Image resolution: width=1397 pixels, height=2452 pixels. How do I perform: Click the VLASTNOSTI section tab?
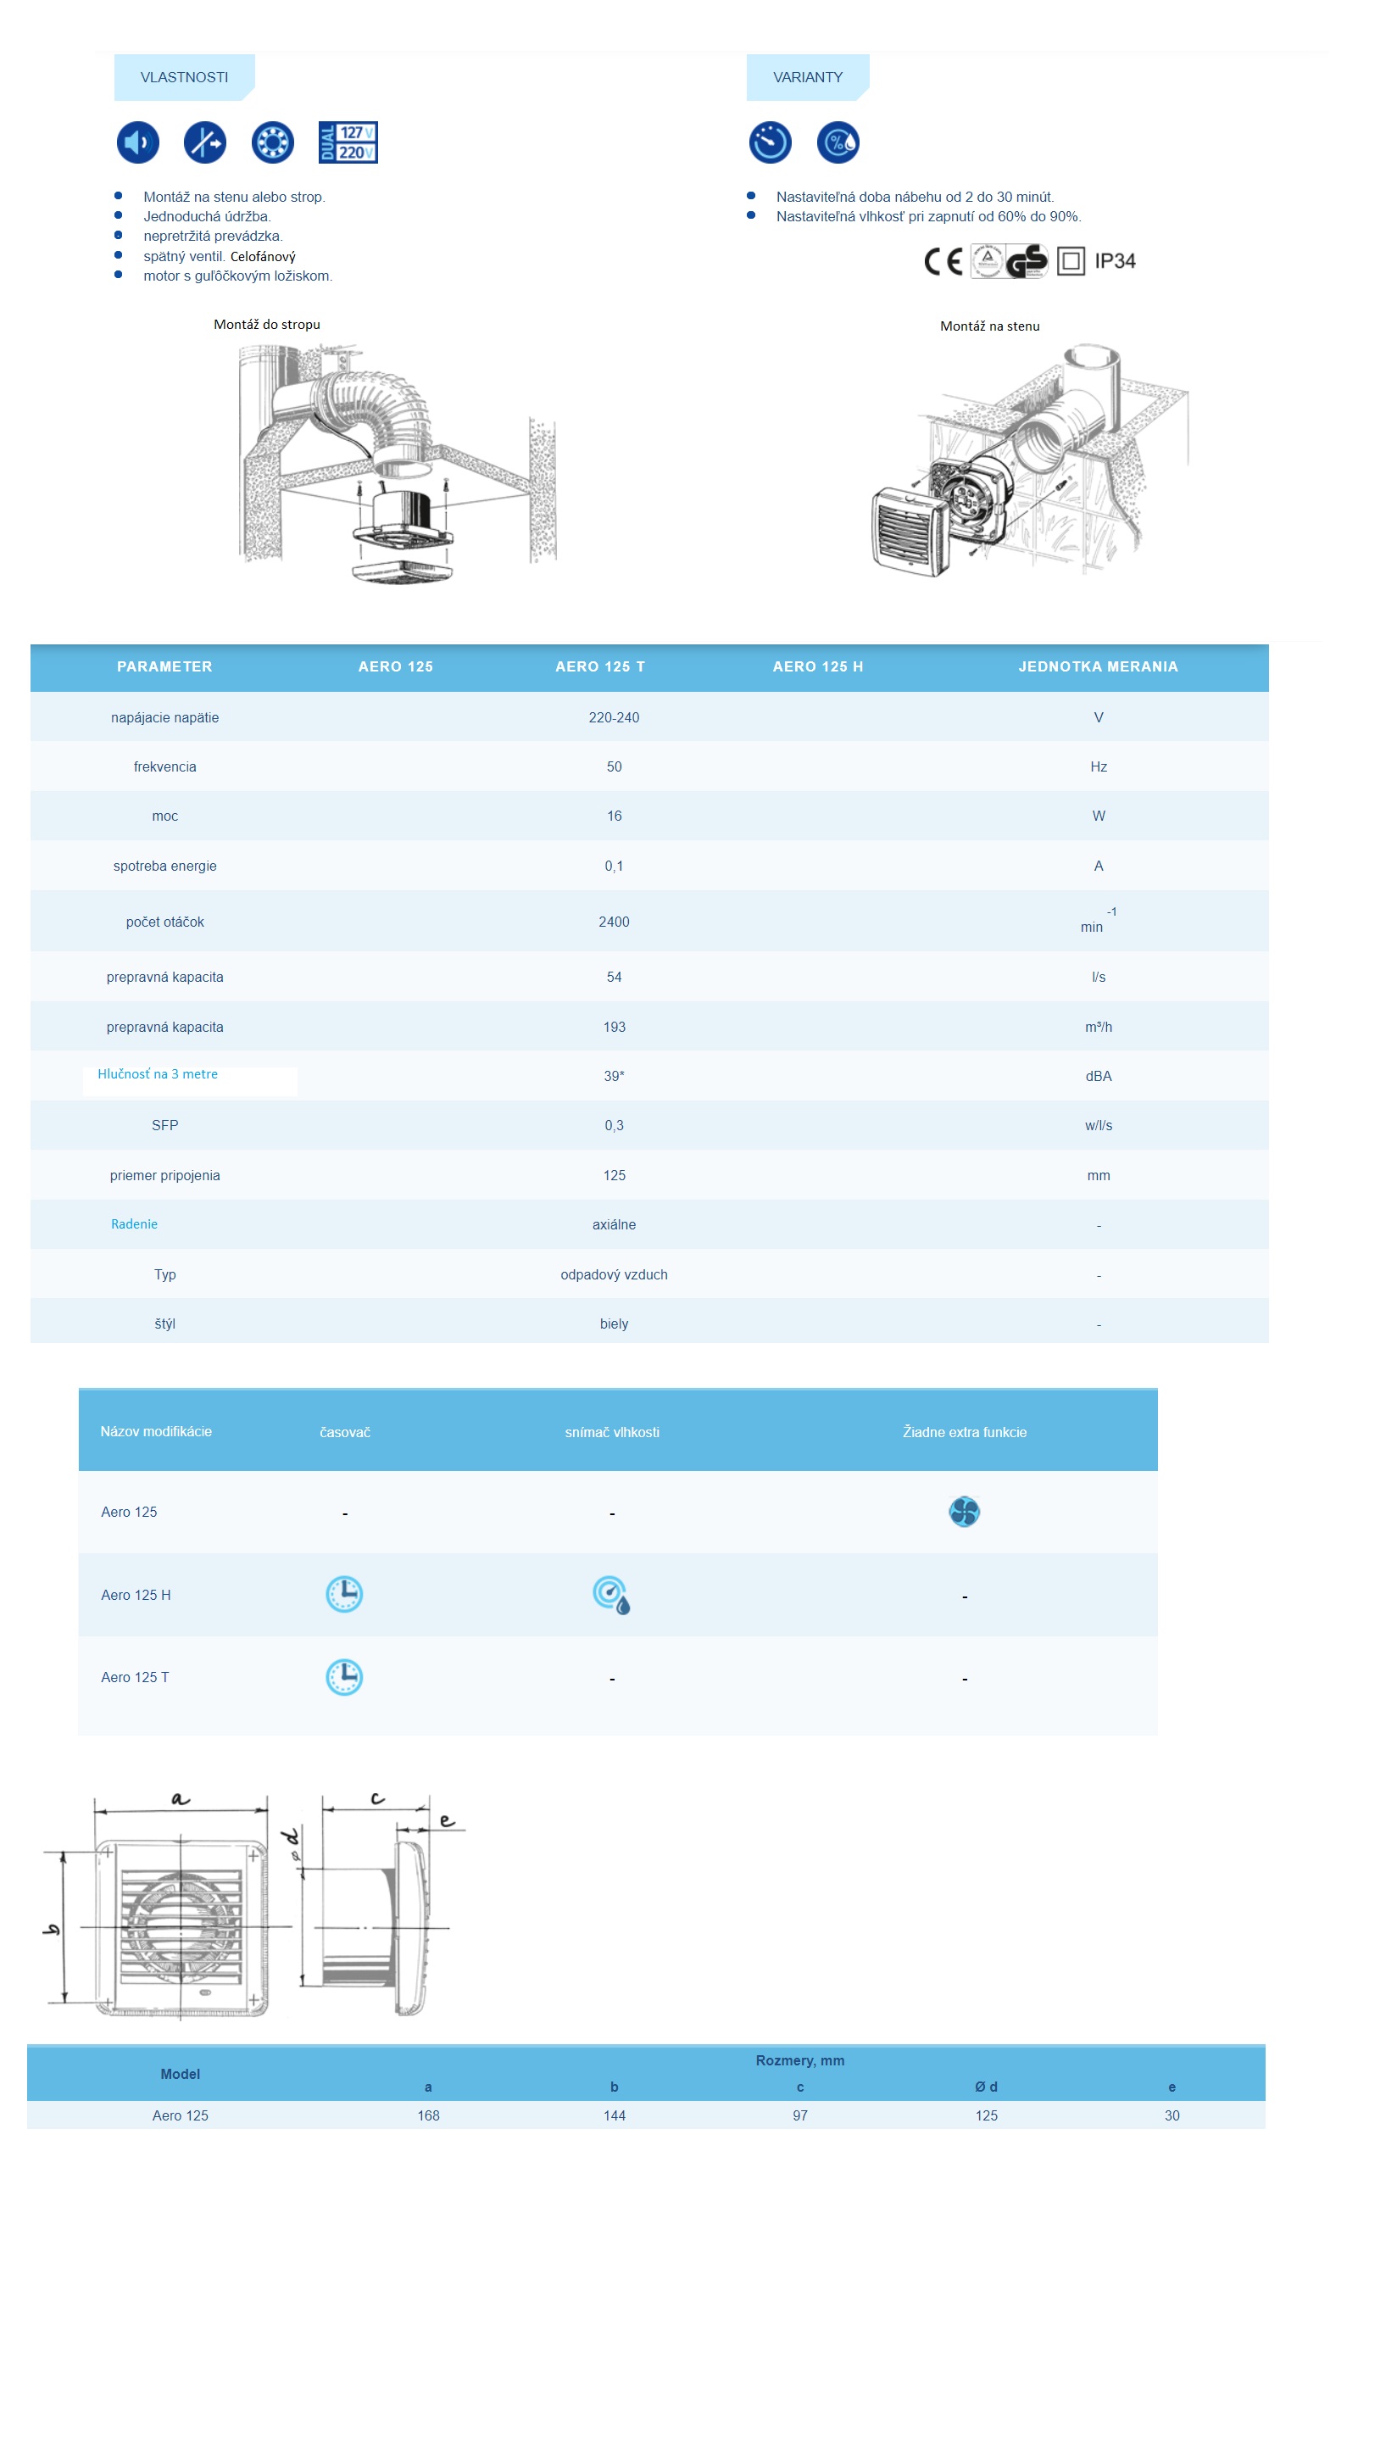coord(183,77)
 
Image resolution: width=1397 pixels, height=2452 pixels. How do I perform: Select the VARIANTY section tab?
coord(807,77)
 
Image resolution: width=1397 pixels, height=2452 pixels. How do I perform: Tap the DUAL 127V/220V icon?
coord(348,142)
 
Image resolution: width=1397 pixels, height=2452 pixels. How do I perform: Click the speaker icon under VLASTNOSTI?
coord(137,142)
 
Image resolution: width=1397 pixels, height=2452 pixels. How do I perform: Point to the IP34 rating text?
coord(1114,261)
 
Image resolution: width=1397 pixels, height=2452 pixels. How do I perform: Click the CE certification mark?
coord(942,261)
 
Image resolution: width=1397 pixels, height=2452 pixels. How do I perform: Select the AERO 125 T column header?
coord(599,666)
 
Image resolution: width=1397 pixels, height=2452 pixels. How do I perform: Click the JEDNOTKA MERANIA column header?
coord(1098,666)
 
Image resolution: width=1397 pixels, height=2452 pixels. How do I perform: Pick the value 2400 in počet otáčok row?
coord(613,922)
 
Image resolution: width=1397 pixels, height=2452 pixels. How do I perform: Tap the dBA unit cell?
coord(1098,1076)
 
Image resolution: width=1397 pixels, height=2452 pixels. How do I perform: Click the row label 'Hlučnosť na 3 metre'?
coord(158,1074)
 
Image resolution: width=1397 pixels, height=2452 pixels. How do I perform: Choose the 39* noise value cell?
coord(613,1076)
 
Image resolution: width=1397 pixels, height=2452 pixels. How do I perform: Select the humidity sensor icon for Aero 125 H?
coord(611,1594)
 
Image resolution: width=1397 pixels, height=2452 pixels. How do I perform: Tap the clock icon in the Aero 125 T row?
coord(343,1676)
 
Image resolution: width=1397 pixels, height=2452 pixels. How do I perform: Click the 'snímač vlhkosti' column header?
coord(611,1432)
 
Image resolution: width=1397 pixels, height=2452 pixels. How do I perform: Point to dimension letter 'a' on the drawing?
coord(181,1797)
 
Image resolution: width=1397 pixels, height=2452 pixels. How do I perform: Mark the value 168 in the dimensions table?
coord(428,2115)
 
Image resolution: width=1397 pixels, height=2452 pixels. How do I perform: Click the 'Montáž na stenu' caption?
coord(989,326)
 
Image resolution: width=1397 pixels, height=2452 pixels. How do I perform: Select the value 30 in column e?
coord(1171,2115)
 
